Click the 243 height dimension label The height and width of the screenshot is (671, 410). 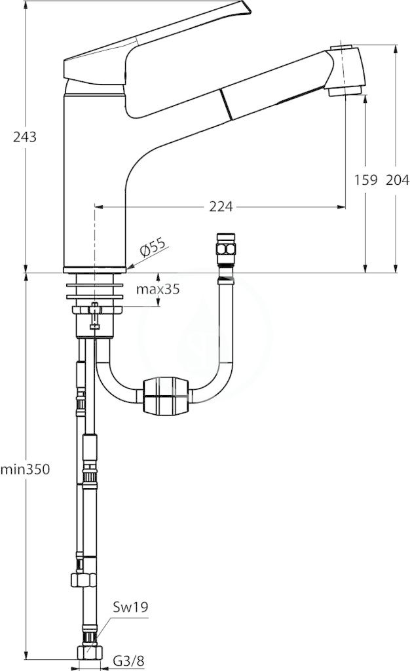(26, 137)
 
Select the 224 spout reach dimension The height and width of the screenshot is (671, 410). (221, 206)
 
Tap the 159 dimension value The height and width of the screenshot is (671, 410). (366, 180)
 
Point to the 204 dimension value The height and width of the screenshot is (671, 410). (398, 180)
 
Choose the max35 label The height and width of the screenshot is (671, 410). (158, 289)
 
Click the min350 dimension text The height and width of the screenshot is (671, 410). (26, 469)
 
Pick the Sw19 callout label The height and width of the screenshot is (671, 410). (130, 606)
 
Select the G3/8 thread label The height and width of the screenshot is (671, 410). (128, 661)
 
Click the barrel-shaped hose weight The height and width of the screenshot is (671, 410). (164, 394)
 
